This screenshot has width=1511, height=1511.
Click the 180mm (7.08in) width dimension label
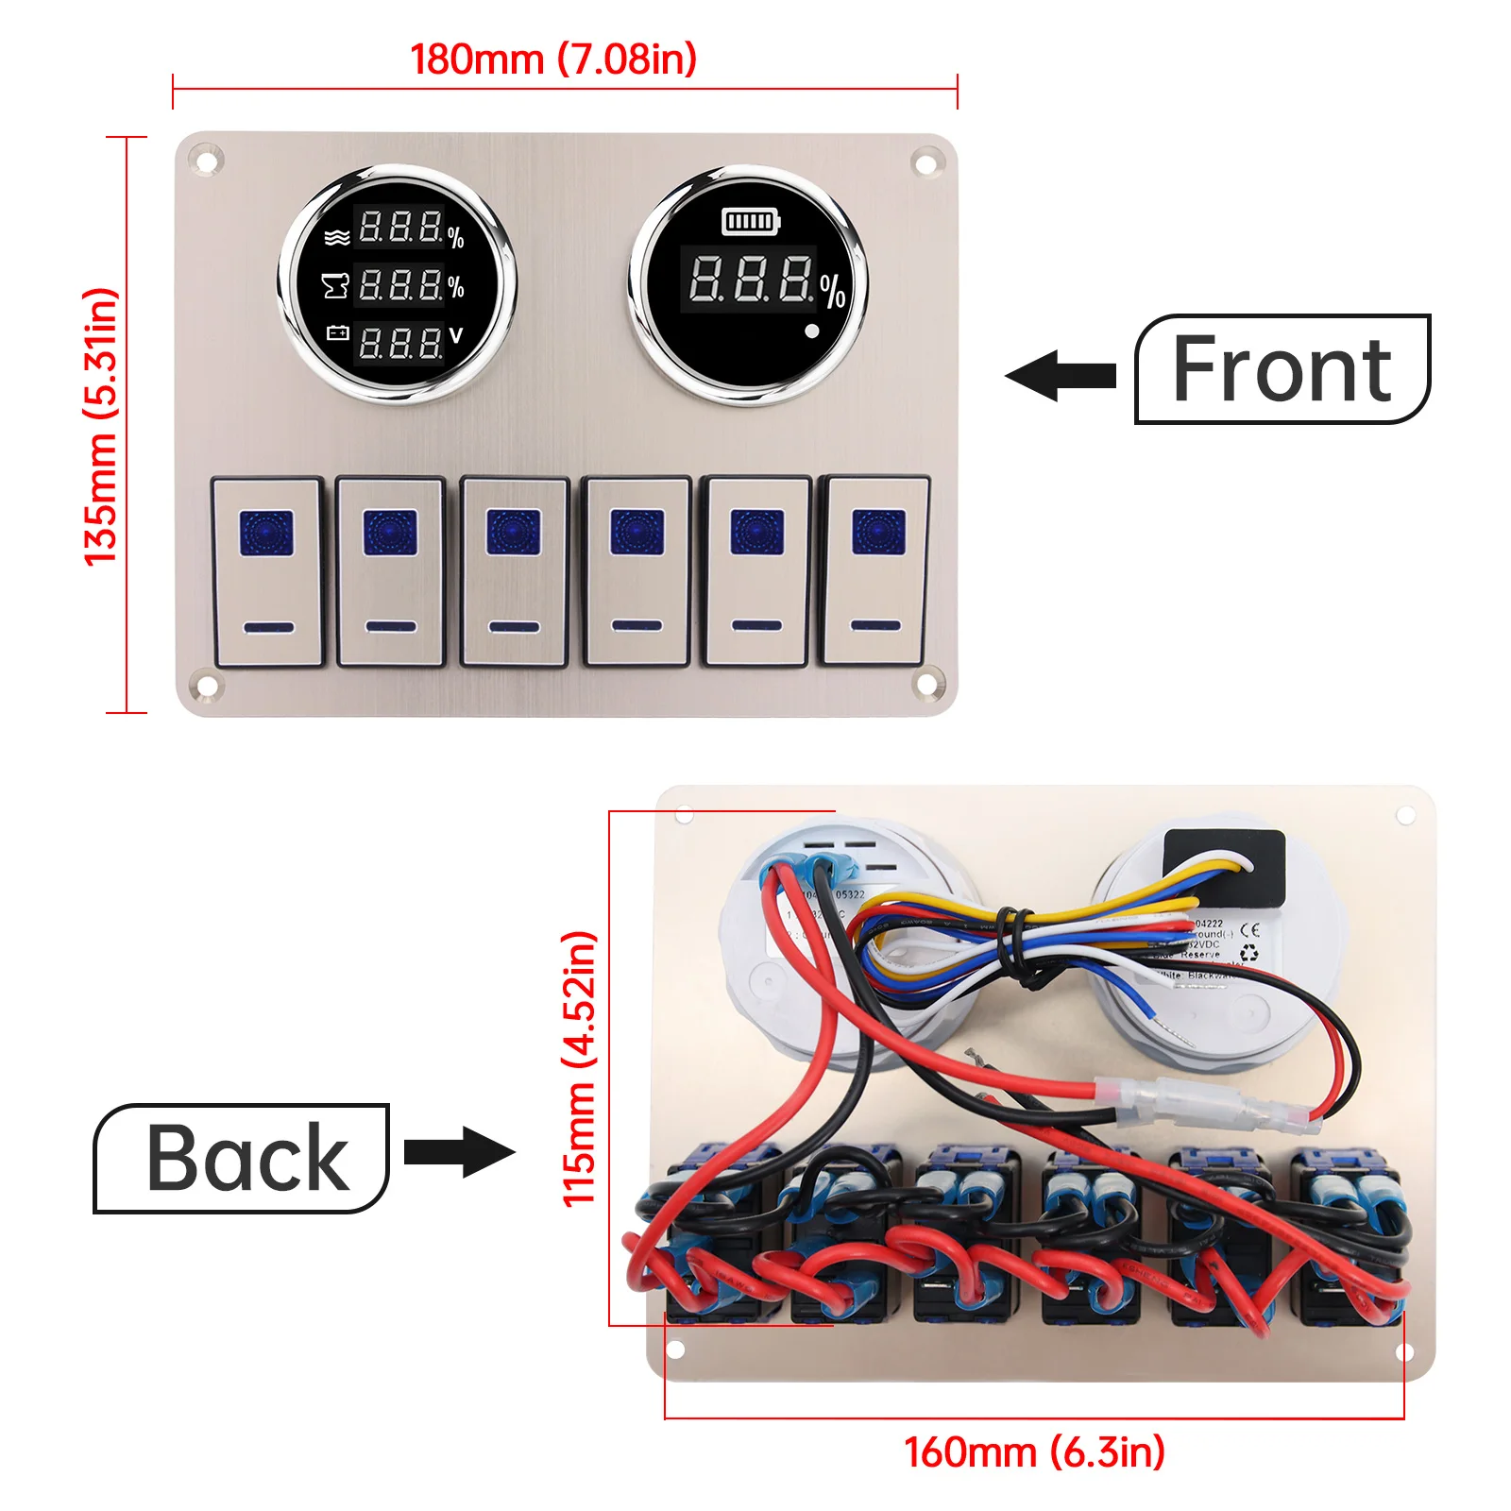coord(553,59)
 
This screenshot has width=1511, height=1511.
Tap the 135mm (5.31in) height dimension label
coord(102,427)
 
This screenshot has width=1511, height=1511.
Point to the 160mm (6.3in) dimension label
coord(1034,1452)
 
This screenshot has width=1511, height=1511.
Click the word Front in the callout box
coord(1282,369)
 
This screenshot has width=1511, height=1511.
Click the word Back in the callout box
coord(247,1159)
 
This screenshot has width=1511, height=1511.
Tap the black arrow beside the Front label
coord(1061,375)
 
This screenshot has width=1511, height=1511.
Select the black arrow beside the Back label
coord(460,1152)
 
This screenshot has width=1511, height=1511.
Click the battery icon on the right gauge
coord(751,222)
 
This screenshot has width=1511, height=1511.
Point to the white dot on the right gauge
coord(811,331)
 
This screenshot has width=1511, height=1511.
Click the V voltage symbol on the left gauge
coord(457,335)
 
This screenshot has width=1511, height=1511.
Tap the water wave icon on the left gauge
coord(336,237)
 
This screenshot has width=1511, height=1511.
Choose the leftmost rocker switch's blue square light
coord(266,533)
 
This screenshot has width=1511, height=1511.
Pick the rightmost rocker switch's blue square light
coord(878,532)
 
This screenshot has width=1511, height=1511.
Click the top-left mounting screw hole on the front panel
coord(208,161)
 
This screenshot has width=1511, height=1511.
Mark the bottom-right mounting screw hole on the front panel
coord(927,681)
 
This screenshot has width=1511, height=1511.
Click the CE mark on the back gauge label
coord(1248,929)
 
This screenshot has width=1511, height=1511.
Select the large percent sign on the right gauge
coord(832,291)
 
